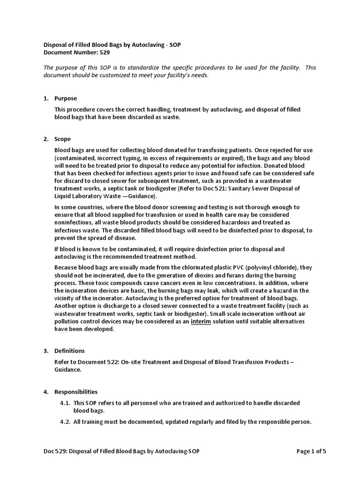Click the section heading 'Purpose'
tap(66, 98)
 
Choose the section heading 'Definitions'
tap(69, 351)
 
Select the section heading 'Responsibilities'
tap(76, 391)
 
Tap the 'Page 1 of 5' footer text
tap(311, 451)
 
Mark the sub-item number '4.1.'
tap(65, 403)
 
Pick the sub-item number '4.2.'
tap(65, 422)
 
